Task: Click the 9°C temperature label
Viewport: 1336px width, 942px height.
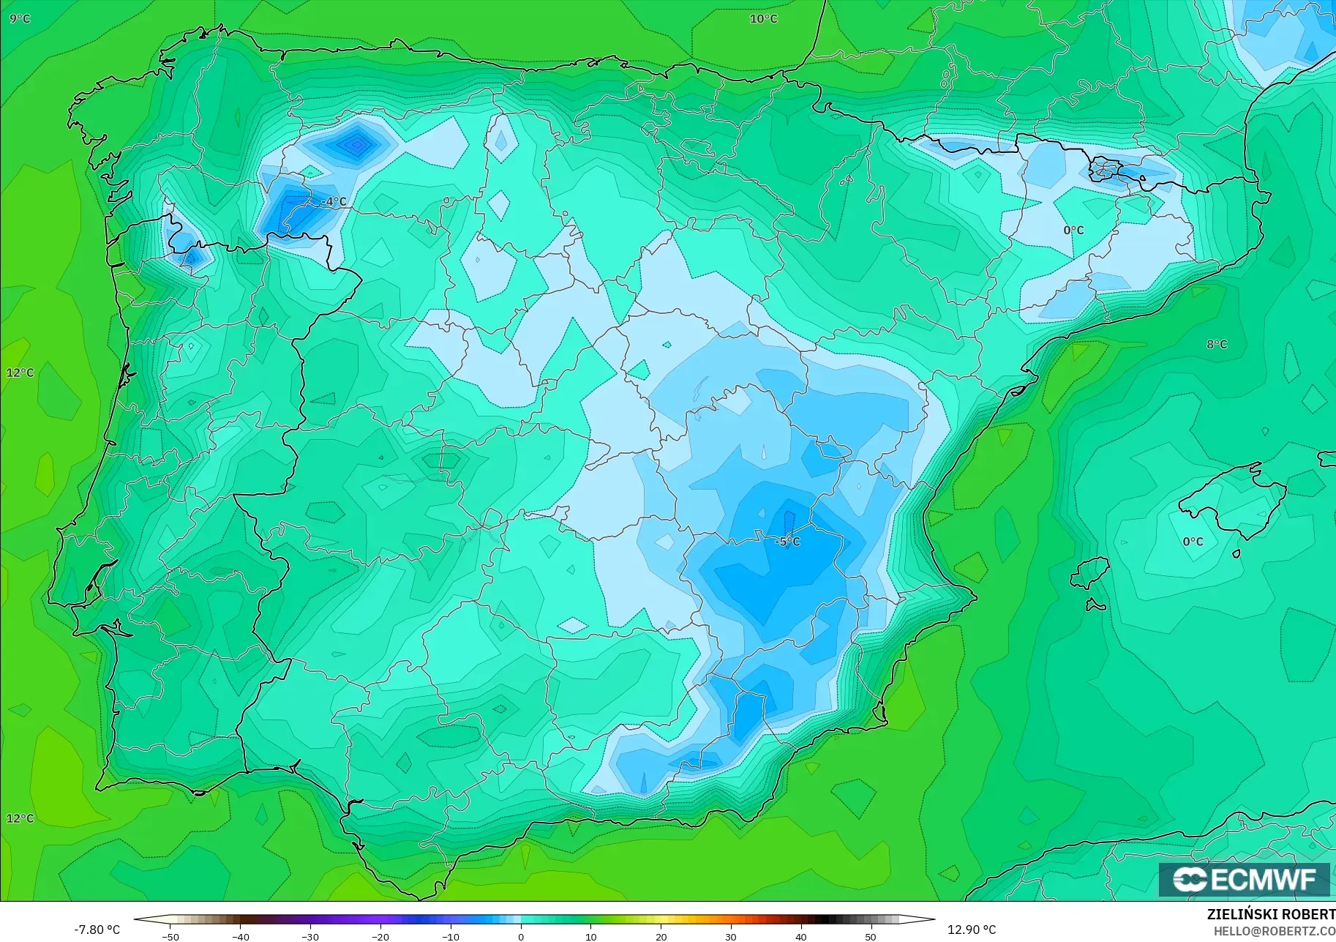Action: click(20, 18)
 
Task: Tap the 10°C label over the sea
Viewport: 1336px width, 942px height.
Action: click(763, 18)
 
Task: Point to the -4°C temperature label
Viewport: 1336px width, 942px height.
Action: click(334, 201)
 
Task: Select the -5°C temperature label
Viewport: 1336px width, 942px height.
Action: click(787, 542)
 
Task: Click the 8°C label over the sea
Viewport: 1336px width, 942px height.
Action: click(1217, 344)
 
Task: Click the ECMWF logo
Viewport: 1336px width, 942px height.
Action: click(1244, 879)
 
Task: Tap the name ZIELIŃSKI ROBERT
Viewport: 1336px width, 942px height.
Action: click(1271, 915)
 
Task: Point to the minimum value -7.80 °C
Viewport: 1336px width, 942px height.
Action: click(97, 930)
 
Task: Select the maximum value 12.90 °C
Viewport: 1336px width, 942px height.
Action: click(972, 930)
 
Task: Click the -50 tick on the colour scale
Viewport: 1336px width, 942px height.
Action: click(170, 936)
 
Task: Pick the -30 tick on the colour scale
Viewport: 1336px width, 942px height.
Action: click(310, 936)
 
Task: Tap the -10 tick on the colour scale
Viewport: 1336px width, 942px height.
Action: click(451, 936)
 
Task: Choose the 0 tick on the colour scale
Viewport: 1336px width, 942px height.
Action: click(520, 936)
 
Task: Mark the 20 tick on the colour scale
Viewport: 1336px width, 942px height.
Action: click(661, 936)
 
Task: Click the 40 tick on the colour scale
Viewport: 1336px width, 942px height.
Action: click(801, 936)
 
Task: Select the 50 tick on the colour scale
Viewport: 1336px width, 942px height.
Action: click(871, 936)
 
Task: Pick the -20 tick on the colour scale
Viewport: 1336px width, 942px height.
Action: click(380, 936)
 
